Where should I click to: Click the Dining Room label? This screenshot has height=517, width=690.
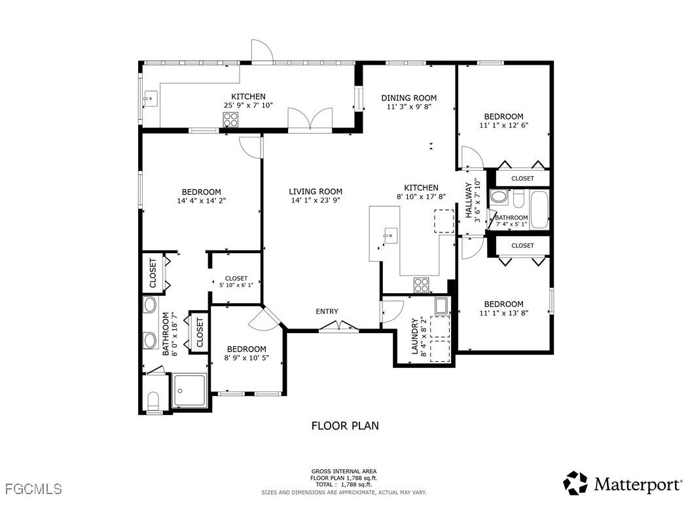point(409,98)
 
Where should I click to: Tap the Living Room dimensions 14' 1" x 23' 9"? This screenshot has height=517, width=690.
point(316,202)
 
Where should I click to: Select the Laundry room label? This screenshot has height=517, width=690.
point(414,336)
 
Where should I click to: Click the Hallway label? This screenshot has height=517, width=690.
point(468,200)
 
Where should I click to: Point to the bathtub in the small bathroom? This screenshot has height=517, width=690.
point(539,209)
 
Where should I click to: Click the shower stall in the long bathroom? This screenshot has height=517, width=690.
point(190,390)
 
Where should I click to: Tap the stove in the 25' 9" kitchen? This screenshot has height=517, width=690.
point(230,119)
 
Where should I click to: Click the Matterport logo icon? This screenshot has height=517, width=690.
point(576,483)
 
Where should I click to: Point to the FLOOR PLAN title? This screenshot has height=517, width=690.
point(344,426)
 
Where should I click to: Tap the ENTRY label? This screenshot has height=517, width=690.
point(327,312)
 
